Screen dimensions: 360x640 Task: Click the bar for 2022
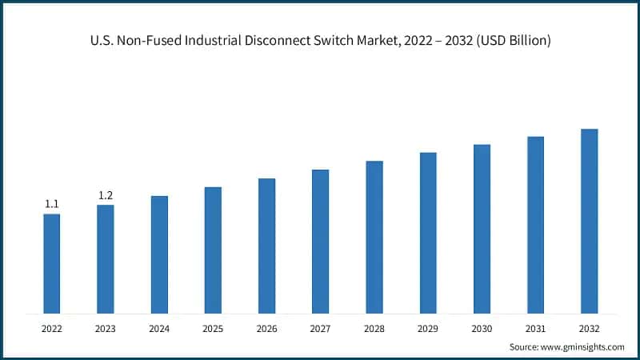(51, 263)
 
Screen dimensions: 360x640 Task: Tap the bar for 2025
(213, 250)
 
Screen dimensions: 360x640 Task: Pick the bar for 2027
(320, 241)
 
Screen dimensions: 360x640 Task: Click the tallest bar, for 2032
(589, 221)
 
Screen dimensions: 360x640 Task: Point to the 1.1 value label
(51, 205)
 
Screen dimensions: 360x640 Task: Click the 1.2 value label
(105, 195)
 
